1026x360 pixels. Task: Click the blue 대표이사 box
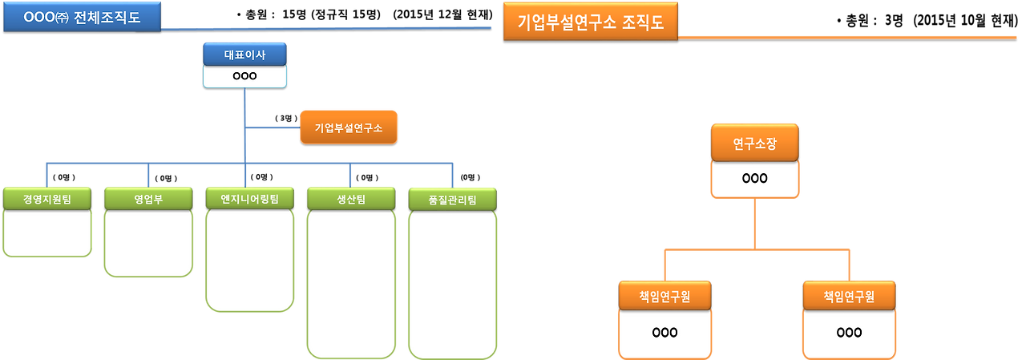[x=244, y=55]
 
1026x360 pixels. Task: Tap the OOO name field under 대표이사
[x=244, y=76]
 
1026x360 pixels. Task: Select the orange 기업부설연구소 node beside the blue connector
[x=349, y=127]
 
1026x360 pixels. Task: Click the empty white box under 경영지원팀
[x=46, y=233]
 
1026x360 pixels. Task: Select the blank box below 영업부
[x=148, y=244]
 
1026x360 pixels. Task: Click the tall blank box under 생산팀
[x=351, y=284]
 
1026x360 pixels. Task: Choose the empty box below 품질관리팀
[x=452, y=284]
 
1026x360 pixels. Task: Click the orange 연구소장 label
[x=754, y=144]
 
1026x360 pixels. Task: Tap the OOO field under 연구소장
[x=754, y=178]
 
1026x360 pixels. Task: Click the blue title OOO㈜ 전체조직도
[x=82, y=17]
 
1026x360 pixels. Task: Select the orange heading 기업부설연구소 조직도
[x=591, y=22]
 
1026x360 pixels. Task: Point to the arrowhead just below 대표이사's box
[x=244, y=94]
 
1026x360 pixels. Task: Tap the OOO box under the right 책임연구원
[x=849, y=332]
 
